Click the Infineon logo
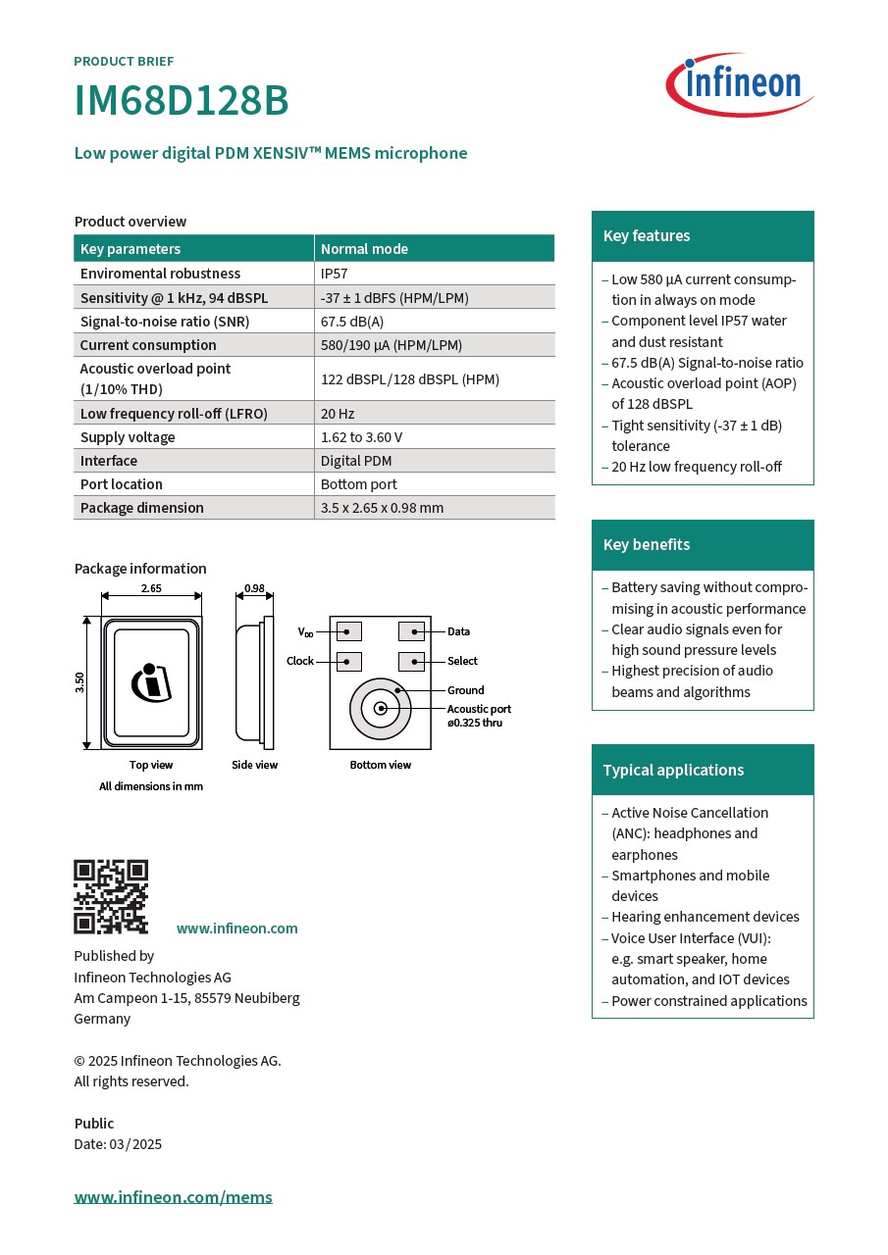[740, 84]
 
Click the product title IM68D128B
[182, 101]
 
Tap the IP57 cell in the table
[335, 274]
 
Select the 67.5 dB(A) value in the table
[352, 322]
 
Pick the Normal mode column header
[364, 249]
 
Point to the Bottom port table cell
[359, 484]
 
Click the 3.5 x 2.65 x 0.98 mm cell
[382, 508]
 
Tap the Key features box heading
[647, 236]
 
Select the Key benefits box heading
[647, 545]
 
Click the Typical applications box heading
[673, 771]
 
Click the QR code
[111, 897]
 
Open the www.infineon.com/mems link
[174, 1197]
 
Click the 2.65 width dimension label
[151, 588]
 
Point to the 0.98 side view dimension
[254, 588]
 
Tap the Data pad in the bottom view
[411, 631]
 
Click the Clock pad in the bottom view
[349, 661]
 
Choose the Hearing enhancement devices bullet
[705, 917]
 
